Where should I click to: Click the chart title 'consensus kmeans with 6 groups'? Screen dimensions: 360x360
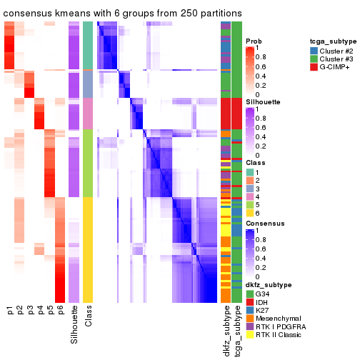122,14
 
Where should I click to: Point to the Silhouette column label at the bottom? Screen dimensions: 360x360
74,324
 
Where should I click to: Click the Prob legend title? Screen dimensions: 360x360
253,41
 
